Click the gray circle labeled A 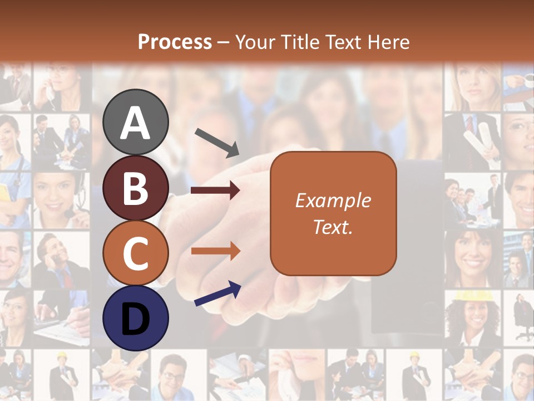pos(136,123)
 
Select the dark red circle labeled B pos(136,188)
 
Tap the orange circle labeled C pos(136,253)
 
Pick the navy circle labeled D pos(136,318)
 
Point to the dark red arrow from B pos(215,190)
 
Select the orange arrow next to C pos(215,251)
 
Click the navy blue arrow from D pos(217,295)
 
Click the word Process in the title pos(175,42)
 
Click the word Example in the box pos(333,200)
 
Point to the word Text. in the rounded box pos(333,227)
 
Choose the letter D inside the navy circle pos(136,319)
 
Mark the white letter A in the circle pos(136,123)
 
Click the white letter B pos(136,188)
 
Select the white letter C pos(136,253)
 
